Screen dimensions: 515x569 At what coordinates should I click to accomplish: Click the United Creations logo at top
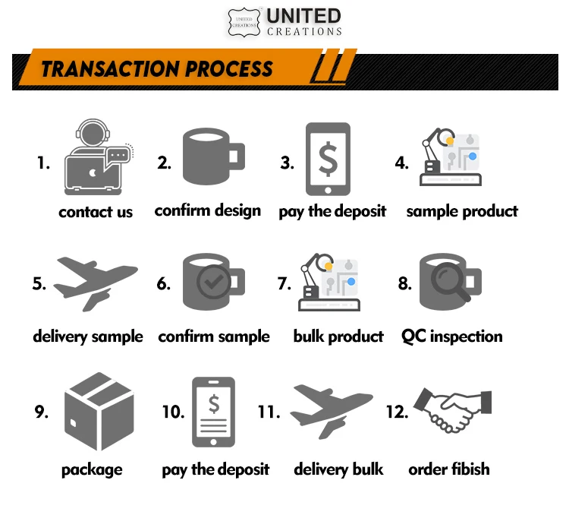(285, 22)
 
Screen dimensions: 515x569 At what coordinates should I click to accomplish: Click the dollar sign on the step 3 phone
(328, 157)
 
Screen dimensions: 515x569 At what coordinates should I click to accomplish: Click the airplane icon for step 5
(95, 283)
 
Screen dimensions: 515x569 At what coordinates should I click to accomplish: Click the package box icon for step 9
(99, 411)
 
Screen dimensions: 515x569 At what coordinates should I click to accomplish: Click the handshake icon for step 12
(452, 411)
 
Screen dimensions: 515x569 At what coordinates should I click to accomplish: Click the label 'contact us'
(96, 213)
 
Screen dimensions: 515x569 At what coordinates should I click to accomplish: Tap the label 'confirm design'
(208, 210)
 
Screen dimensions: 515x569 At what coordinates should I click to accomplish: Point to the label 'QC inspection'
(452, 336)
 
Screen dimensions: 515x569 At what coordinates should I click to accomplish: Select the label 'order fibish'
(449, 469)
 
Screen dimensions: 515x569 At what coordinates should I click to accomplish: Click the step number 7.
(284, 284)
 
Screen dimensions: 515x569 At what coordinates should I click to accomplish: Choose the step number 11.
(269, 412)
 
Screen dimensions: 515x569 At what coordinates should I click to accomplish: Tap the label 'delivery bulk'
(338, 469)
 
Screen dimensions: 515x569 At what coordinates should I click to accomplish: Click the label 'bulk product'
(338, 336)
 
